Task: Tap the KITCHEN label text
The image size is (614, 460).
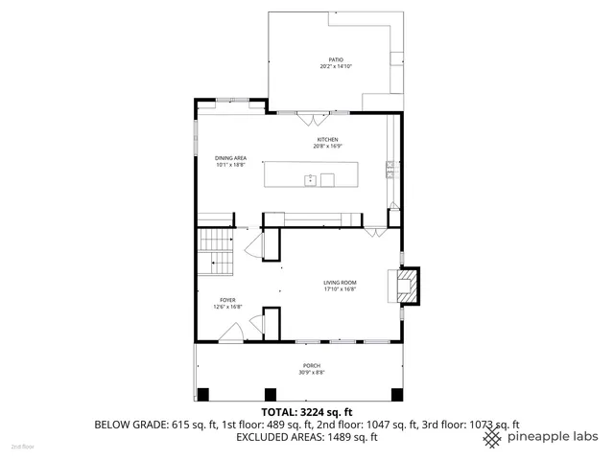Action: click(328, 139)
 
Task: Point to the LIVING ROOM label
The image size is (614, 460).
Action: click(340, 282)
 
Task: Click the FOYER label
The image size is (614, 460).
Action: click(228, 300)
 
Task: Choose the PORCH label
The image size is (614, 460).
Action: click(312, 365)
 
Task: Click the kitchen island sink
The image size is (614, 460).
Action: click(311, 179)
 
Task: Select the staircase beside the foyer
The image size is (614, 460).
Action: click(216, 251)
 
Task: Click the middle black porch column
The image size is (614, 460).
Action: click(271, 394)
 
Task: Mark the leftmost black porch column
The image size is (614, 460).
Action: click(202, 394)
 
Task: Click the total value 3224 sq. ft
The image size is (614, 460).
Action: click(339, 410)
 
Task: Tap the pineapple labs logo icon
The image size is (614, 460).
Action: click(491, 437)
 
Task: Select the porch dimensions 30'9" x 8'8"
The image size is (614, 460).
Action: click(312, 372)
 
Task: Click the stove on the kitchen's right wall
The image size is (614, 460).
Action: click(390, 170)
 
